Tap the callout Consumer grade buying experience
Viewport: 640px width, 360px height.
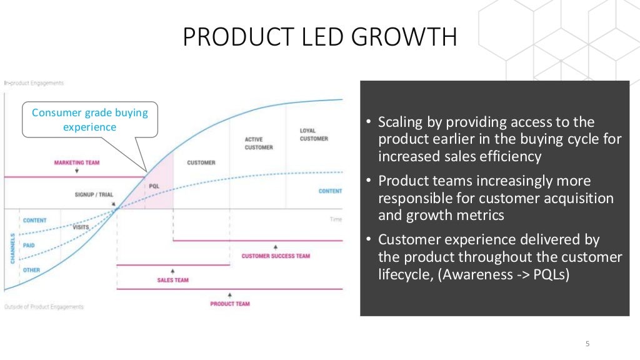pos(90,119)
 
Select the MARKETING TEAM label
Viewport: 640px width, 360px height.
pos(76,162)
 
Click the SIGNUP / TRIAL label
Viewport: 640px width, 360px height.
pos(94,194)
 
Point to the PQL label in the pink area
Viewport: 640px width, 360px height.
pos(154,186)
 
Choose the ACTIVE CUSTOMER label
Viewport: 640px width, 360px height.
pos(259,143)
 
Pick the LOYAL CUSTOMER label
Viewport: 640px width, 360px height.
pos(314,134)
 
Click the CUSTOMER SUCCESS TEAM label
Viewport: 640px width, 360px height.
pos(276,256)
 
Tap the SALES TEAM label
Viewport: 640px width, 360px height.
pos(173,280)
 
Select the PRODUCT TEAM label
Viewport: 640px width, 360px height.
pos(229,304)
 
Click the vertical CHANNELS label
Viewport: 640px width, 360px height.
pos(12,248)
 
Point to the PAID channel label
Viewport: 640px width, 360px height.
pos(28,245)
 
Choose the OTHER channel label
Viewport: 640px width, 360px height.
pos(31,269)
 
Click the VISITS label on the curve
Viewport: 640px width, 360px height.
pos(81,227)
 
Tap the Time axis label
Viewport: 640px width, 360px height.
pos(336,219)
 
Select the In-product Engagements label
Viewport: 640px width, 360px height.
pos(34,83)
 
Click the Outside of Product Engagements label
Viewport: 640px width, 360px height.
pos(44,307)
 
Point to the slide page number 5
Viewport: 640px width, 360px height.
pos(587,343)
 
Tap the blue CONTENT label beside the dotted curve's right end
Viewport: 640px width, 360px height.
pos(331,191)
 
